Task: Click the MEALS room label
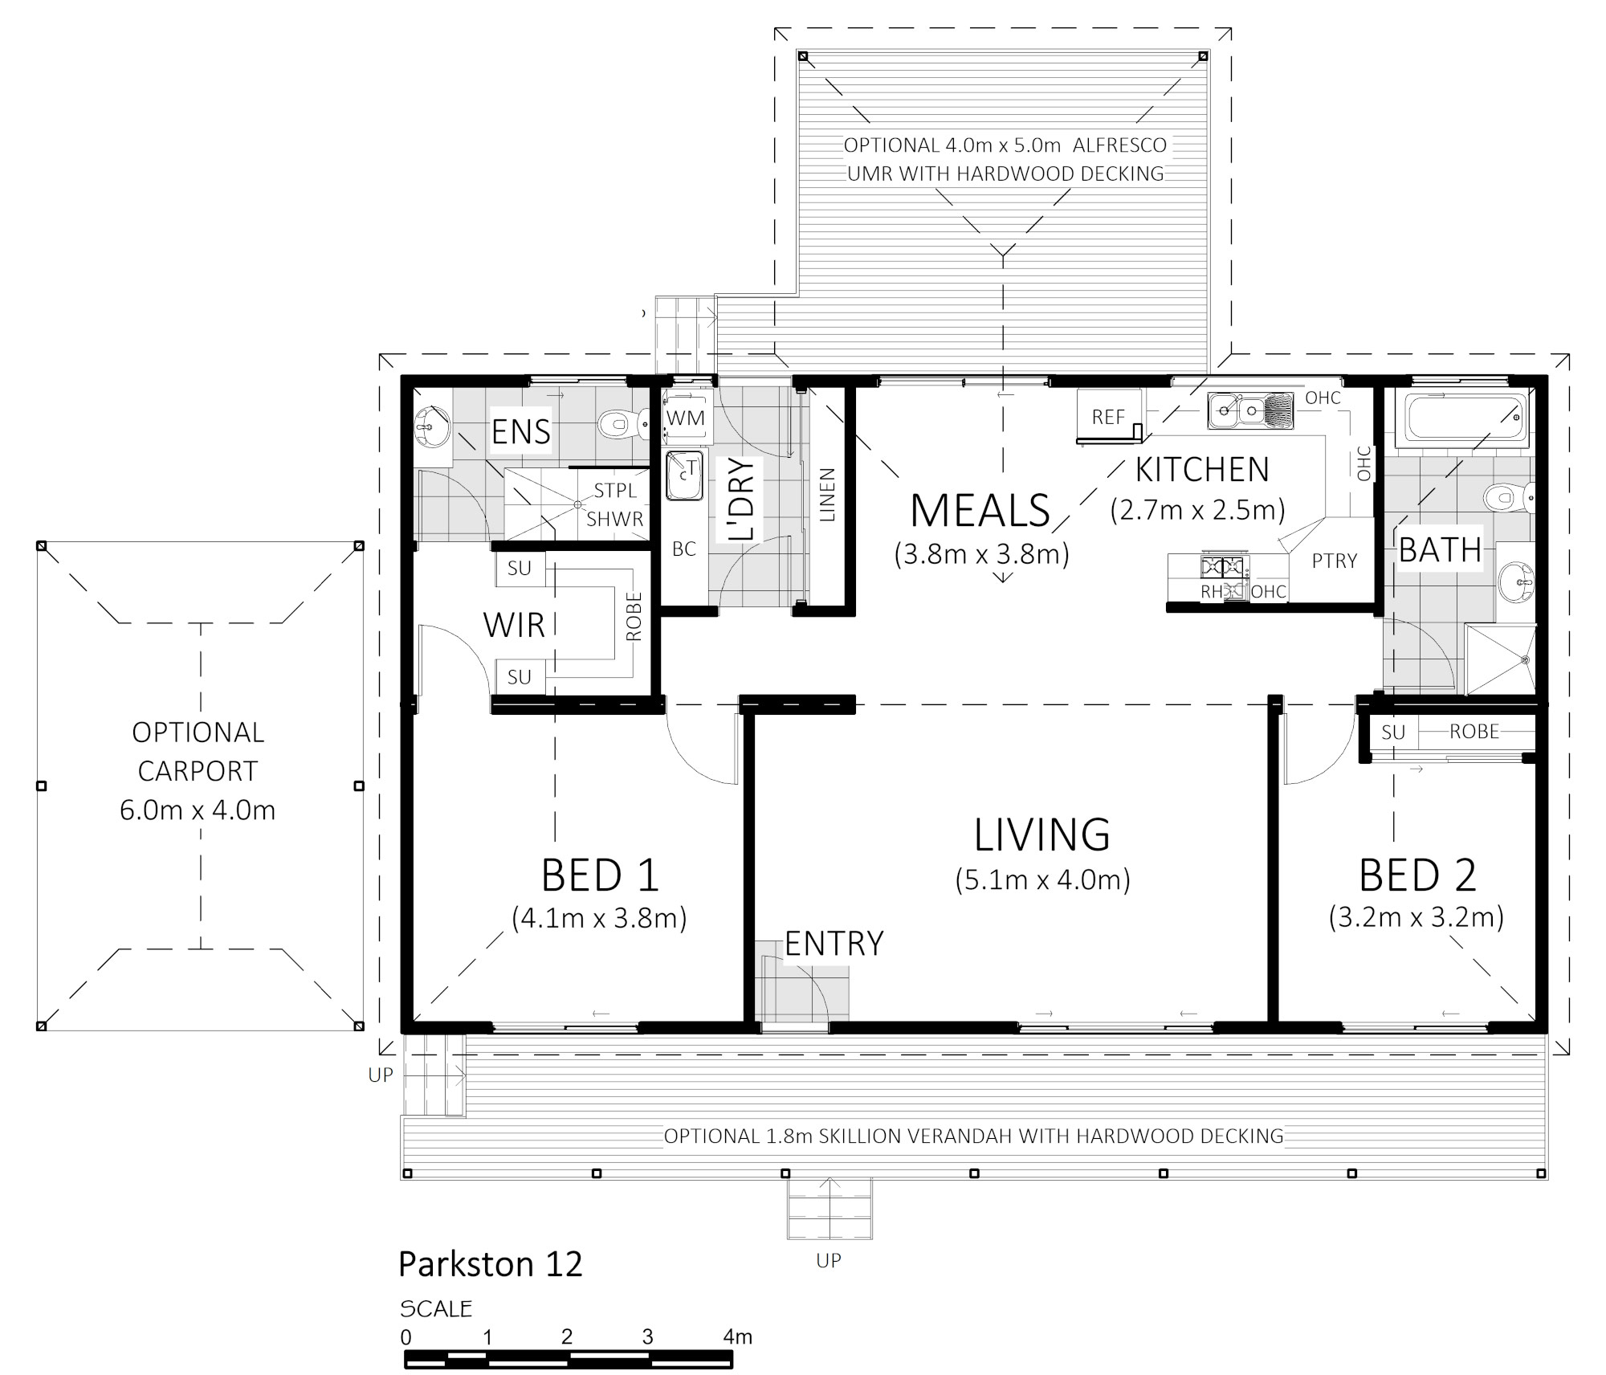[x=980, y=510]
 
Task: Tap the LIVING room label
[x=1041, y=834]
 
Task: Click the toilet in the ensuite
[x=624, y=422]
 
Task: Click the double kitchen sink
[x=1250, y=410]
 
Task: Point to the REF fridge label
[x=1108, y=417]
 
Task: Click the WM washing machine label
[x=685, y=418]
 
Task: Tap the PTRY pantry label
[x=1335, y=561]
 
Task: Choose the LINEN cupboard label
[x=827, y=495]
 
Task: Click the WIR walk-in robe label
[x=514, y=625]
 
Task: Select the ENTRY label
[x=834, y=944]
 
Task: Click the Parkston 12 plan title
[x=490, y=1264]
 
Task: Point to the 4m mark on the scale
[x=737, y=1336]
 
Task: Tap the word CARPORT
[x=198, y=771]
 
